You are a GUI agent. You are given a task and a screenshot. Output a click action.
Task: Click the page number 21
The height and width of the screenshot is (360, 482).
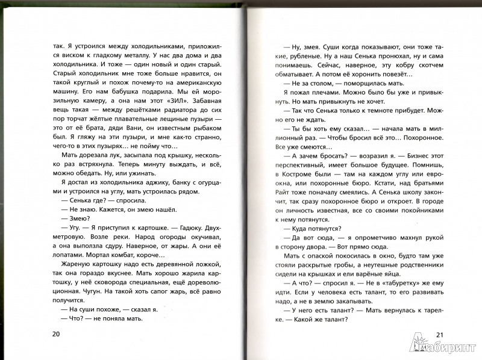(439, 336)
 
